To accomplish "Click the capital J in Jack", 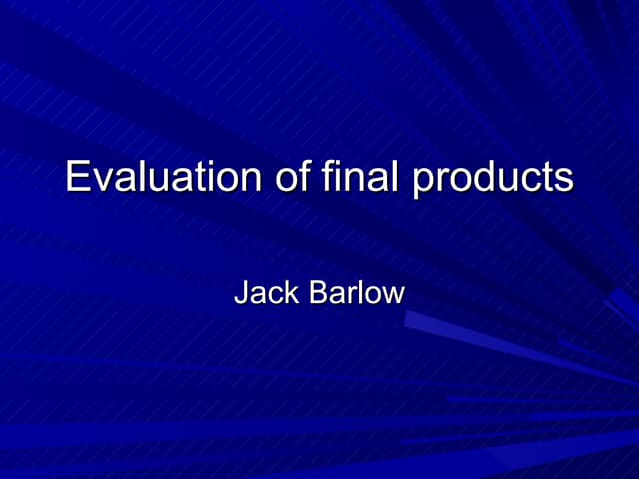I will click(x=240, y=293).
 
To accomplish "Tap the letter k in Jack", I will click(x=291, y=293).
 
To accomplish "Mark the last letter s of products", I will click(x=564, y=180).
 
